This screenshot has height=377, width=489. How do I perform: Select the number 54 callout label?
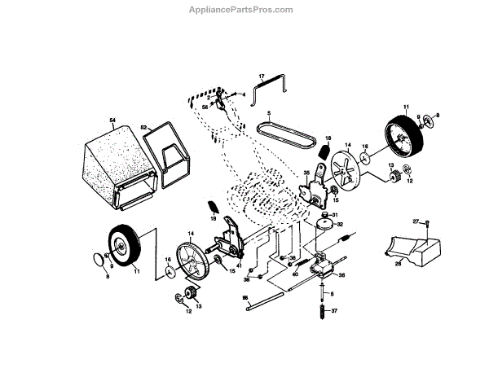point(112,120)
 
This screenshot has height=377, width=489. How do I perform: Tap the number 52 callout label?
point(144,128)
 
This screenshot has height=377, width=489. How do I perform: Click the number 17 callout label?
point(262,77)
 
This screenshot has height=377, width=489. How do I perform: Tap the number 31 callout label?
point(335,214)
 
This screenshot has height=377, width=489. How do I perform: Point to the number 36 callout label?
point(341,276)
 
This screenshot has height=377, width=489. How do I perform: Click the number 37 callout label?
point(333,310)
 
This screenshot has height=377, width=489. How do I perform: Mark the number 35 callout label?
point(306,173)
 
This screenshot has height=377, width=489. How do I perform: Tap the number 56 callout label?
point(204,107)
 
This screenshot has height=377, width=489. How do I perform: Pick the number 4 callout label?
point(244,96)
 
